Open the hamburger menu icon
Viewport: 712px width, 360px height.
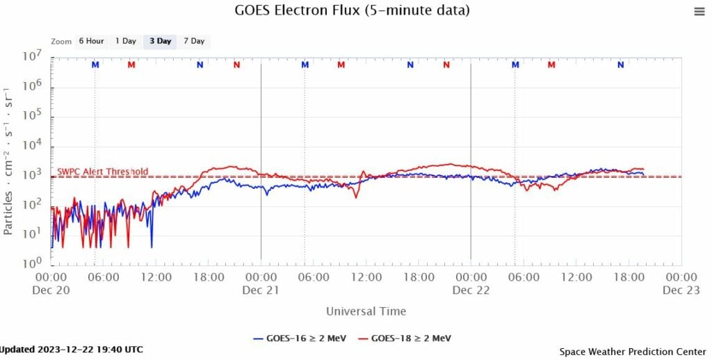coord(699,11)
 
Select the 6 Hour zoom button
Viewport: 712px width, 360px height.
coord(90,41)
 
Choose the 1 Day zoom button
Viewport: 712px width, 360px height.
coord(126,41)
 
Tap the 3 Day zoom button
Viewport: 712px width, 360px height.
coord(160,41)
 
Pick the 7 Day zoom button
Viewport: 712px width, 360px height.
coord(194,41)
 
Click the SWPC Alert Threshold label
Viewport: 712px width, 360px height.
coord(102,172)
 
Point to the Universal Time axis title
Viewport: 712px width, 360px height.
coord(366,311)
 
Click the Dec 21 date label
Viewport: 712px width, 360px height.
coord(261,291)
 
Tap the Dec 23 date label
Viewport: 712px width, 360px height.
coord(681,291)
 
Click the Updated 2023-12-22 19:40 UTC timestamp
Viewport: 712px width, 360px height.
coord(72,349)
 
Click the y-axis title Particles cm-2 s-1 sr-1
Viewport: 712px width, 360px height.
coord(9,160)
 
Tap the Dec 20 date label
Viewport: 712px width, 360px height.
coord(51,291)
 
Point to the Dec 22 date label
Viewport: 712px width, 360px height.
coord(471,291)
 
